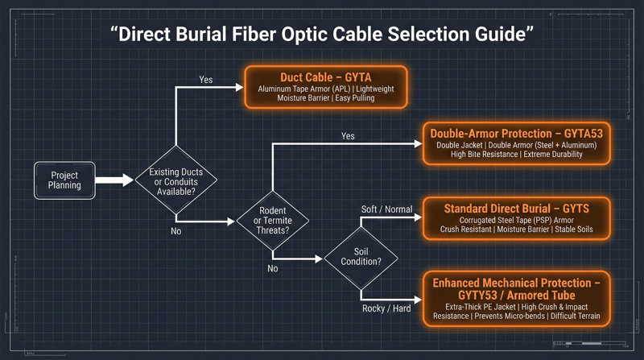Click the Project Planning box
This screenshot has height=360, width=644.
pyautogui.click(x=64, y=180)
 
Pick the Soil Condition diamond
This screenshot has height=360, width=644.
pyautogui.click(x=360, y=259)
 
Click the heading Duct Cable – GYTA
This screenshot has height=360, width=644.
pyautogui.click(x=326, y=77)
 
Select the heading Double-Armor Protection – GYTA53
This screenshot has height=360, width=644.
pyautogui.click(x=516, y=131)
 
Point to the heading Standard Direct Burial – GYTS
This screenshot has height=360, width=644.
pyautogui.click(x=516, y=209)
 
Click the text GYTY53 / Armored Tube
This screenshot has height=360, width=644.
pyautogui.click(x=516, y=296)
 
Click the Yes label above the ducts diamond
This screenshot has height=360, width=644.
pyautogui.click(x=206, y=80)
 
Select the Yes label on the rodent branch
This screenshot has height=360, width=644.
pyautogui.click(x=348, y=136)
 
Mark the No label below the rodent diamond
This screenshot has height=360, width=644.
pyautogui.click(x=273, y=268)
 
